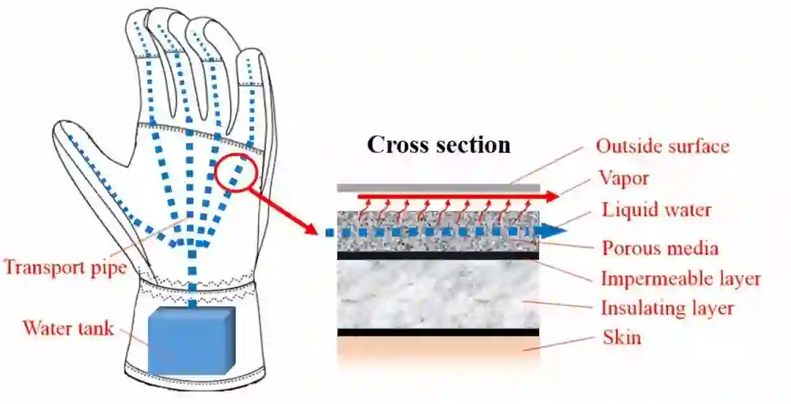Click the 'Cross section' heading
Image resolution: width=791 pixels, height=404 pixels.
(x=438, y=144)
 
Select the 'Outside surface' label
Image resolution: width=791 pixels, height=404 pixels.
(x=662, y=146)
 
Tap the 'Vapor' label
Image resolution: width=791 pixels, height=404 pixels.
(x=623, y=178)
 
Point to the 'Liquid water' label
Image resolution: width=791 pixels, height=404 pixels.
(x=656, y=210)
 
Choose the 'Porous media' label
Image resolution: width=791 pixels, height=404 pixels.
(x=659, y=247)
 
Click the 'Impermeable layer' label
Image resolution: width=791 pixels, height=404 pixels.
(x=680, y=279)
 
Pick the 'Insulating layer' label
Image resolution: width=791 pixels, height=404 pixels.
(x=666, y=308)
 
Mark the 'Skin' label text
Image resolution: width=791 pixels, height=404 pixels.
(x=621, y=337)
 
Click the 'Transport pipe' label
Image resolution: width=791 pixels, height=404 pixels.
(x=64, y=267)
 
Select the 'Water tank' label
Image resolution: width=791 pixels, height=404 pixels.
(x=68, y=327)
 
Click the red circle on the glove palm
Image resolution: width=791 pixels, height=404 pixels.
(x=237, y=172)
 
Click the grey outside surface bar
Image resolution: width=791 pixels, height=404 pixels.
(x=438, y=188)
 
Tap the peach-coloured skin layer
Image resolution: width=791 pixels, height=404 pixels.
(x=438, y=347)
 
